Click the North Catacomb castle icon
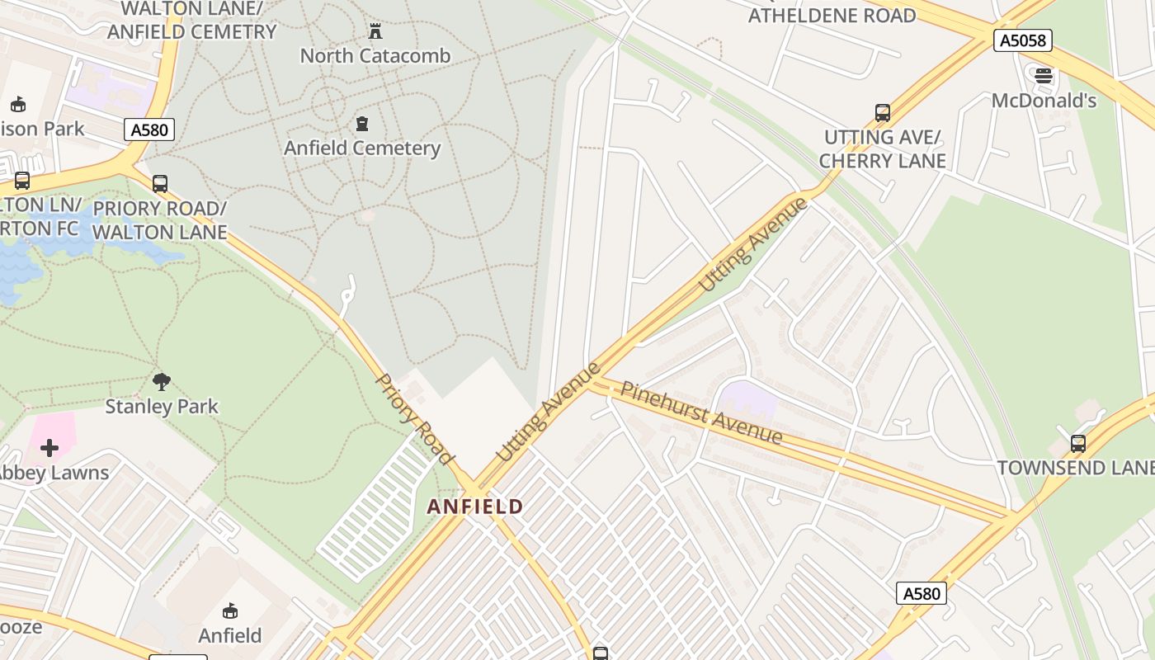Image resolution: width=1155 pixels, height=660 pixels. click(375, 32)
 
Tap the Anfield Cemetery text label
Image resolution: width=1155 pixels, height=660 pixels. click(362, 148)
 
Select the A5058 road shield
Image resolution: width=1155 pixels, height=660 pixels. click(1022, 40)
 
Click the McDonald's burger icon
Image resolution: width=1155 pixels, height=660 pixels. click(1044, 77)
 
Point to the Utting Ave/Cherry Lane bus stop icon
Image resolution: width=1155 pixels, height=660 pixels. click(882, 113)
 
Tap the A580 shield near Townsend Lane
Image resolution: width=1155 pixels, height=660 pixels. click(921, 593)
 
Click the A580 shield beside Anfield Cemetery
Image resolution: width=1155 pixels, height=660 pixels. click(149, 130)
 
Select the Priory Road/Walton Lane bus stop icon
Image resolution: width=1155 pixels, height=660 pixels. click(160, 184)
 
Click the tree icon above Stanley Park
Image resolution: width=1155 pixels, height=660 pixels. click(162, 381)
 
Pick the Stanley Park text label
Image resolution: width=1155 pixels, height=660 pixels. click(162, 407)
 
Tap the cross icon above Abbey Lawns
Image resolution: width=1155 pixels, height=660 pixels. click(49, 448)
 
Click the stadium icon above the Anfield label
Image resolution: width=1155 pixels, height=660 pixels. click(229, 611)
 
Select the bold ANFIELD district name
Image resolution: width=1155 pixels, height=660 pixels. click(475, 507)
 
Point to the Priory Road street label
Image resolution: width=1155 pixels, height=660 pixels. click(414, 419)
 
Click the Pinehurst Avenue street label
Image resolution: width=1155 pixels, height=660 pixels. click(700, 412)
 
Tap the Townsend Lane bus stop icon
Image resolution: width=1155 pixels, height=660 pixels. click(1077, 443)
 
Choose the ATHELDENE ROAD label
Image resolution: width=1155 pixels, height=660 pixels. click(832, 16)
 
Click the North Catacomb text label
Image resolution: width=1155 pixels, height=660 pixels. click(375, 56)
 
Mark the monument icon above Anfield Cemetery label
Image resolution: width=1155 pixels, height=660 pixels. click(361, 125)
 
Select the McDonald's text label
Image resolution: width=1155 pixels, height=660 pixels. click(1044, 101)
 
